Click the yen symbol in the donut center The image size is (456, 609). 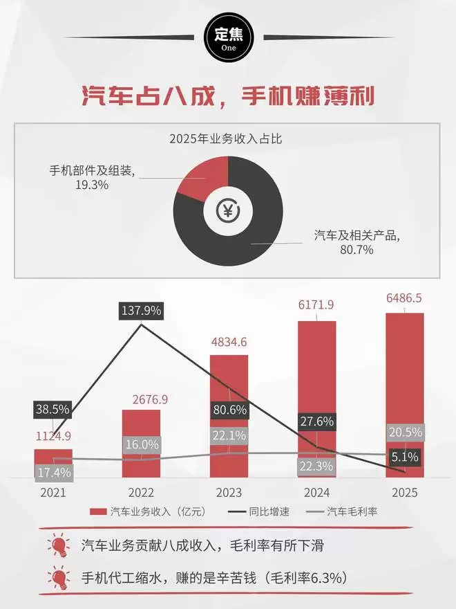click(227, 210)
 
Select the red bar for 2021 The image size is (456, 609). click(53, 462)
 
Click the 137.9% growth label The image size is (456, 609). click(142, 311)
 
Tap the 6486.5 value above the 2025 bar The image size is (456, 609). click(405, 298)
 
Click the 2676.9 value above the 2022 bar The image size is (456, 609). click(142, 400)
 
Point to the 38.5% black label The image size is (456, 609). click(53, 409)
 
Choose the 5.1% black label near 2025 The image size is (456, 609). click(404, 457)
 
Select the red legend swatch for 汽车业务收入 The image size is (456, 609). click(99, 512)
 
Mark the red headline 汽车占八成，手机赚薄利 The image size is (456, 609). click(228, 96)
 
